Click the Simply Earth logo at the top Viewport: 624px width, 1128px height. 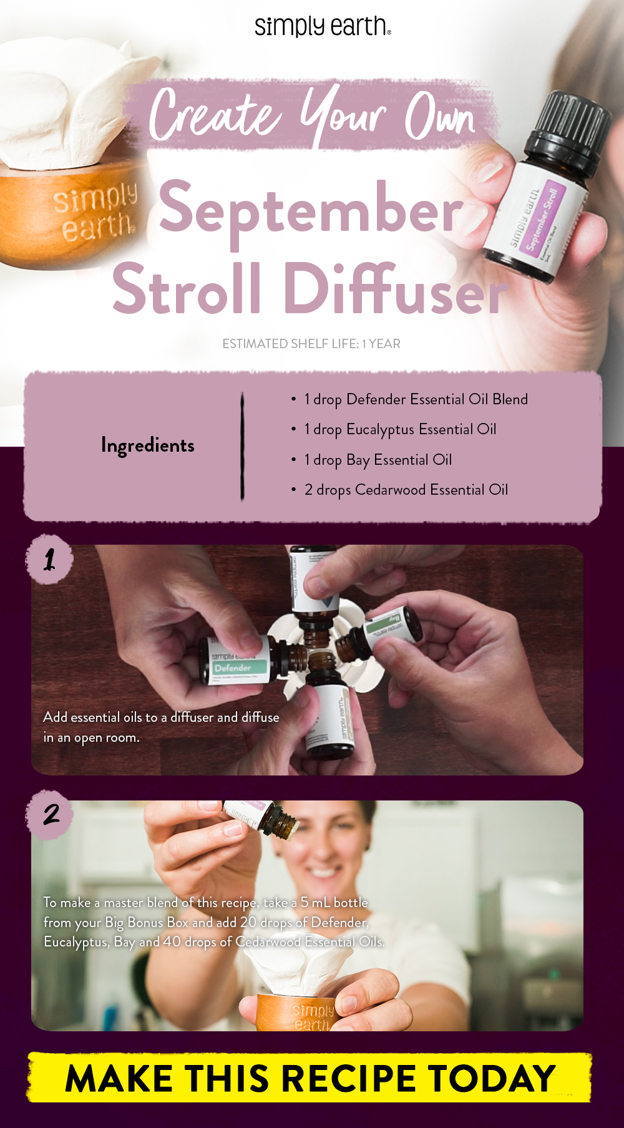point(323,26)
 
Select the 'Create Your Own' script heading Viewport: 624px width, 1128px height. point(312,116)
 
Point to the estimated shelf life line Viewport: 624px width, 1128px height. point(311,344)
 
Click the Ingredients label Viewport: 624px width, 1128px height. point(148,445)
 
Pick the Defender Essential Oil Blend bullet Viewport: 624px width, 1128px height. point(415,399)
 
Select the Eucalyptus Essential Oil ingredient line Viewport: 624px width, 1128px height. point(399,429)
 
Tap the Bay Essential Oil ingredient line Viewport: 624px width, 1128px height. point(378,460)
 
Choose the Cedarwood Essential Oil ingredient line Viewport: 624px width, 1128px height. point(406,490)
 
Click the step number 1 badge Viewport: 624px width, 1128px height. point(49,559)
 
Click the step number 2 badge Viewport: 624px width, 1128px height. point(50,814)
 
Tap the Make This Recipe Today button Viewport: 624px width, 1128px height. point(310,1077)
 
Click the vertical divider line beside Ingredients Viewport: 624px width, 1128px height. point(242,445)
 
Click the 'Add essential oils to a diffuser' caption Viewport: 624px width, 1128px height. point(160,727)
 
